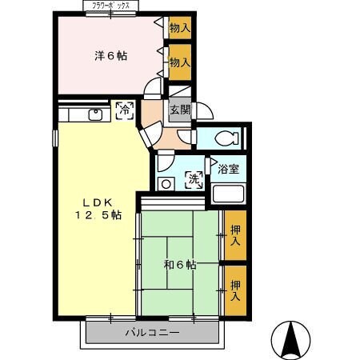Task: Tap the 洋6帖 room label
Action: [111, 56]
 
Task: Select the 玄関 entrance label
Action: [179, 110]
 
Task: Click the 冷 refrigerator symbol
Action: [125, 110]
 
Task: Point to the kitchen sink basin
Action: [95, 114]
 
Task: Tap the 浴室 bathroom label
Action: [229, 169]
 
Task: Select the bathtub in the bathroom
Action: [230, 194]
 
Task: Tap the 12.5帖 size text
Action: [98, 215]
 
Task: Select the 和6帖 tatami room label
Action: [179, 265]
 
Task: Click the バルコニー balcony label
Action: [152, 333]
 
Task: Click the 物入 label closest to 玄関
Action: [180, 62]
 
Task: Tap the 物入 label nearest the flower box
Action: [180, 28]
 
